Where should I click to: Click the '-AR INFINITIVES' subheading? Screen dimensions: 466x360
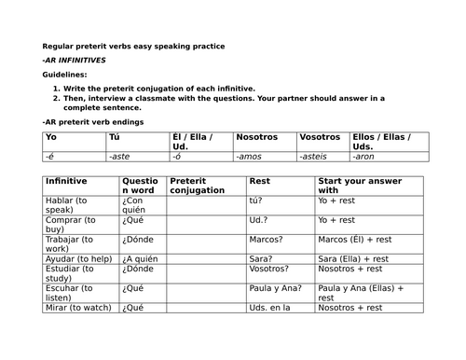74,60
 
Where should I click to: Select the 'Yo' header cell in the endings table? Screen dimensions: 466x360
51,137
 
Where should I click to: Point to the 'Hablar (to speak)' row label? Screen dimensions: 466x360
75,205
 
